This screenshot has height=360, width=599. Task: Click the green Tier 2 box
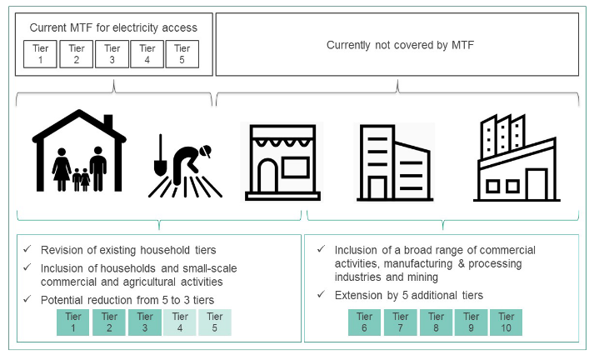(x=108, y=322)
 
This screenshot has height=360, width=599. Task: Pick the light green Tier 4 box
(x=179, y=322)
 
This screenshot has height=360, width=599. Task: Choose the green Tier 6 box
(x=365, y=322)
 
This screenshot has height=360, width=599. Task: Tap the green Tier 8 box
(x=436, y=322)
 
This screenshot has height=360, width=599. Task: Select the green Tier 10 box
(x=507, y=322)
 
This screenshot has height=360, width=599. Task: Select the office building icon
(x=392, y=162)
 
